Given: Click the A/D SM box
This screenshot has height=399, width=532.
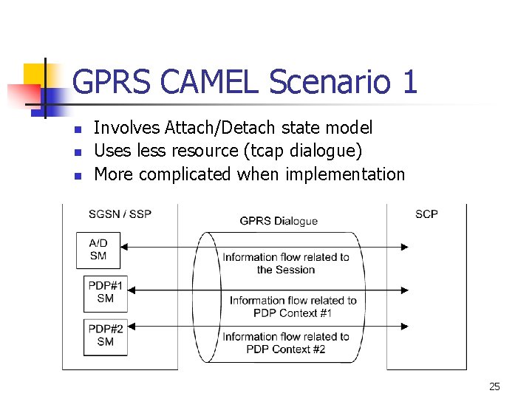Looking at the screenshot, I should tap(98, 250).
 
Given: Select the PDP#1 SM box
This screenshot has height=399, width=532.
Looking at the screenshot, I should tap(106, 293).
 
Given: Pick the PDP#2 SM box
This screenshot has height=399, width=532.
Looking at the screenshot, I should tap(106, 335).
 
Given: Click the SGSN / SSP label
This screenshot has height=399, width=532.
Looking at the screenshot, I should tap(120, 214).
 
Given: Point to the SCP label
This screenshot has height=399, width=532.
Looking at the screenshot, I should tap(426, 214).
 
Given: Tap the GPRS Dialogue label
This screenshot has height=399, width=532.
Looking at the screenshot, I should tap(279, 220).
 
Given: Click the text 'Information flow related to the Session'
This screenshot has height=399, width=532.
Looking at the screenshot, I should tap(286, 263).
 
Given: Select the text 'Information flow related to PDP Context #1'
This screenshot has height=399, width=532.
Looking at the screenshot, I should tap(293, 306).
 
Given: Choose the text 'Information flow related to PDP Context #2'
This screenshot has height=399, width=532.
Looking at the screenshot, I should tap(286, 342).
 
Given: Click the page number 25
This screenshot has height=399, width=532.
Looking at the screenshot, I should tap(494, 386).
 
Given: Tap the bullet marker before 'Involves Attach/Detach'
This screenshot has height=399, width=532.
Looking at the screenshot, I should tap(78, 129).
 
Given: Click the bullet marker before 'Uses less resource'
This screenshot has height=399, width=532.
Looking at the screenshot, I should tap(78, 152).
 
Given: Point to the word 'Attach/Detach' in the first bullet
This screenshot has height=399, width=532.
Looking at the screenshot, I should tap(221, 128).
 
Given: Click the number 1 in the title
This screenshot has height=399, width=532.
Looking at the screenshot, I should tap(409, 81).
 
